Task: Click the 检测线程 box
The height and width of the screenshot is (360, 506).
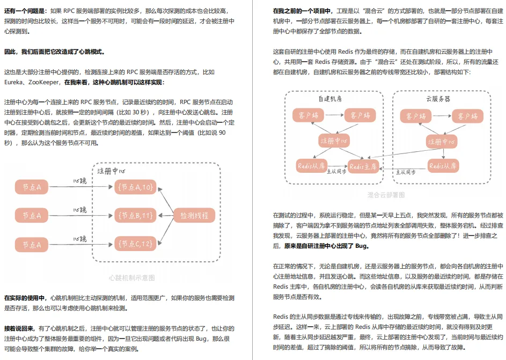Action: (194, 216)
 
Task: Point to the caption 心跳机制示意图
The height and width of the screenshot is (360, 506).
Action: (131, 278)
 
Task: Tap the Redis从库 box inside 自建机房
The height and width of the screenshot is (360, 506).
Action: (311, 166)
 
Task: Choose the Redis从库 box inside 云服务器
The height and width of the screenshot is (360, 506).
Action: (443, 166)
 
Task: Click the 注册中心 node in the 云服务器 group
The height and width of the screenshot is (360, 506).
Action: (442, 142)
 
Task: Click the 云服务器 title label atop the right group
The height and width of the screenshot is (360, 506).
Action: (438, 99)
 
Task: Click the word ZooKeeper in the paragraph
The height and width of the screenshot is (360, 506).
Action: (43, 82)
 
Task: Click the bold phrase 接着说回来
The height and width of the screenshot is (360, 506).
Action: (19, 328)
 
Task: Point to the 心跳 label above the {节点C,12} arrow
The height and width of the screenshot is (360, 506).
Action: (79, 239)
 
